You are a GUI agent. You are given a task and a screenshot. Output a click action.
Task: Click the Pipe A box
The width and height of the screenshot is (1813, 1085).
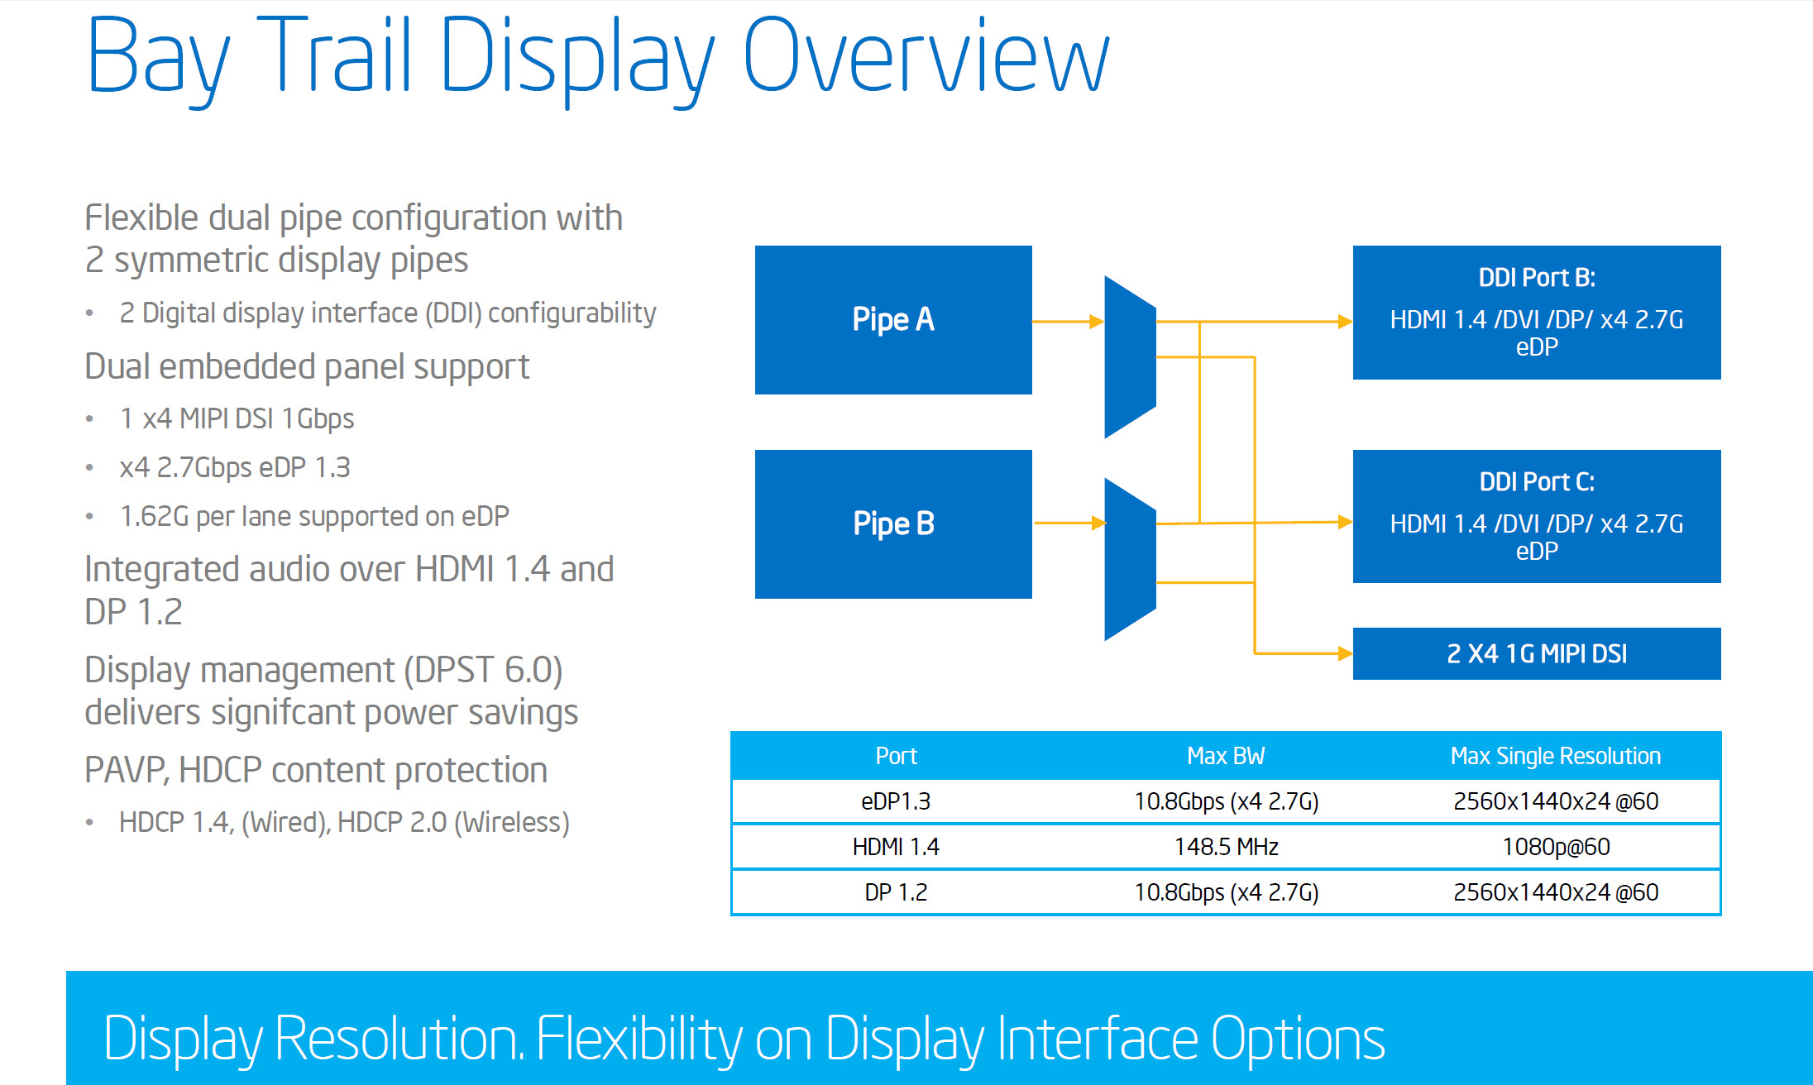pos(893,320)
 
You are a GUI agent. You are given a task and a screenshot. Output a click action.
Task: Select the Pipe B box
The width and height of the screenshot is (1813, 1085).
pos(893,523)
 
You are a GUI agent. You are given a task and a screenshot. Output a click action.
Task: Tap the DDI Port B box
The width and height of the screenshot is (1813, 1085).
pos(1537,313)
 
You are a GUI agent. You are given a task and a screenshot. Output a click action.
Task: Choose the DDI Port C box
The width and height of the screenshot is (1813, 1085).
pos(1537,516)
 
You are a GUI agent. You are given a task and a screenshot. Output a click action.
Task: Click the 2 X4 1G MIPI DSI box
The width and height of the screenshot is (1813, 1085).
pos(1537,653)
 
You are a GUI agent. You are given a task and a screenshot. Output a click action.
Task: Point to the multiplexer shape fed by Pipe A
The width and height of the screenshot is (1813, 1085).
pos(1130,356)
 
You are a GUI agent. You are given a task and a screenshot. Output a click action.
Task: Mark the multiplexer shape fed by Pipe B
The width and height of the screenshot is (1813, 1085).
pos(1130,559)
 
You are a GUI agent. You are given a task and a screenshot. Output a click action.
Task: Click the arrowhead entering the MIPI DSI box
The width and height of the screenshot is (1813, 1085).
pos(1346,653)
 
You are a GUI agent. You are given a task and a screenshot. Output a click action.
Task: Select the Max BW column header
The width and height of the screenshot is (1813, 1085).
pos(1226,756)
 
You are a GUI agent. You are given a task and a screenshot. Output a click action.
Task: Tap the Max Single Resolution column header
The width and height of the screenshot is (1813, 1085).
pos(1556,756)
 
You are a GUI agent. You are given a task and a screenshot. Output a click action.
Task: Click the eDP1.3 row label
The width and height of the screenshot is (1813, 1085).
pos(896,801)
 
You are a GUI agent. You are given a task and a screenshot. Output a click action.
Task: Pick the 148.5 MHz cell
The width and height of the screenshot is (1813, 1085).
pos(1227,847)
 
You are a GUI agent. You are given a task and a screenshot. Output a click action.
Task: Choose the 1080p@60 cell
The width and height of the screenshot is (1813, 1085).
pos(1556,847)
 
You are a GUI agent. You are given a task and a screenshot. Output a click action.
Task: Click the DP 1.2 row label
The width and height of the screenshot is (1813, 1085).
pos(896,892)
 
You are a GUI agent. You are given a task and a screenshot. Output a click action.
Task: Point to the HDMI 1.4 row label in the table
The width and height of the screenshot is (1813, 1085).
pos(896,847)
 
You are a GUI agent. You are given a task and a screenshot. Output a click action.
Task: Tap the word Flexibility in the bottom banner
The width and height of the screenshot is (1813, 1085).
pos(639,1039)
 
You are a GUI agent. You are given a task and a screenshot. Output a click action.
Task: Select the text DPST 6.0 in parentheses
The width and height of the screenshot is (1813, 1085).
pos(483,670)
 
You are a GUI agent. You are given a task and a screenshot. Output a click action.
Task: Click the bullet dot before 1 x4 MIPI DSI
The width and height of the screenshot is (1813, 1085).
pos(89,419)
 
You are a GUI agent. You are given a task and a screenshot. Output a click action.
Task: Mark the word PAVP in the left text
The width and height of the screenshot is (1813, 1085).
pos(127,771)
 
